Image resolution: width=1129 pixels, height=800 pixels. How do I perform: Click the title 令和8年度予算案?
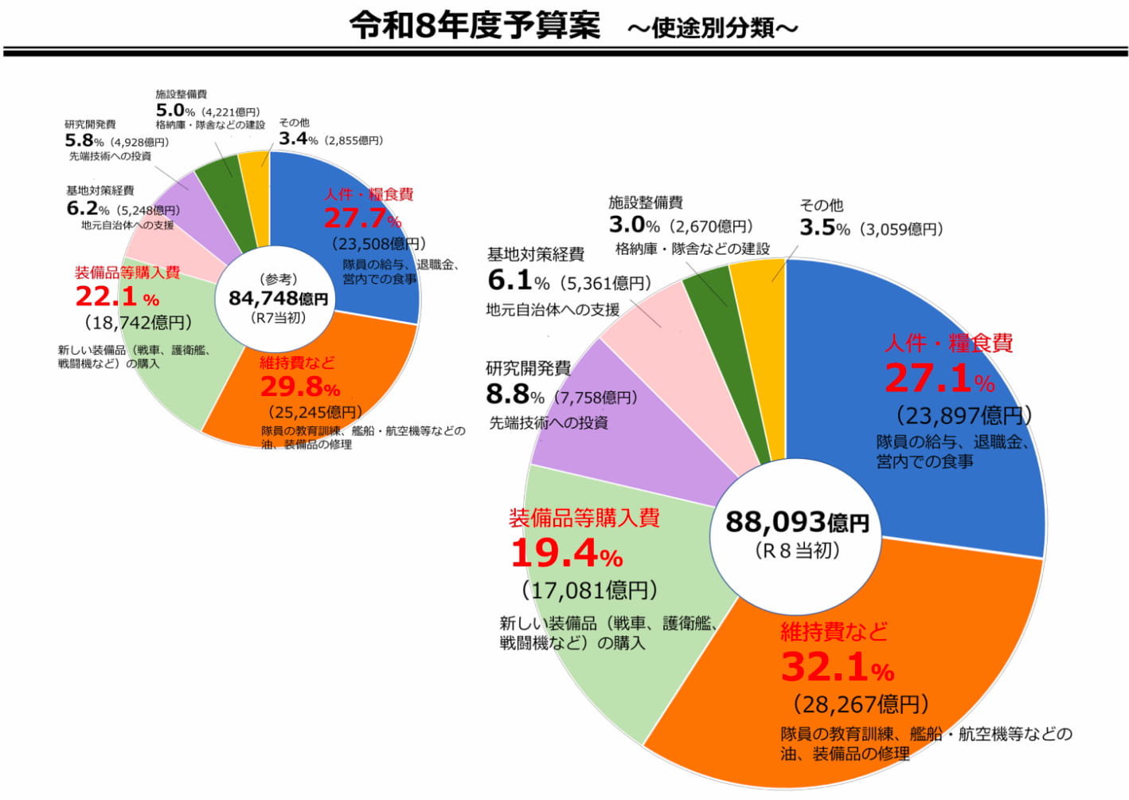475,25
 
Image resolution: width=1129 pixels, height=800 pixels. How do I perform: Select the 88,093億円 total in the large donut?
796,522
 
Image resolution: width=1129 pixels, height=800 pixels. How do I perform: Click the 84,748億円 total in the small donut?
278,298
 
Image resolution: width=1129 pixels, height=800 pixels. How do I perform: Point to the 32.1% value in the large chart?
837,668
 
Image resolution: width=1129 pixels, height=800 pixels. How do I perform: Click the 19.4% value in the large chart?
566,554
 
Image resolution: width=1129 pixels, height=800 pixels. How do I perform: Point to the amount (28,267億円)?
861,704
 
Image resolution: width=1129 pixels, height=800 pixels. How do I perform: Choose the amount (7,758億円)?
596,397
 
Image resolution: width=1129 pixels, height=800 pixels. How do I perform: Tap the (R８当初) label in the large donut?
796,551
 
